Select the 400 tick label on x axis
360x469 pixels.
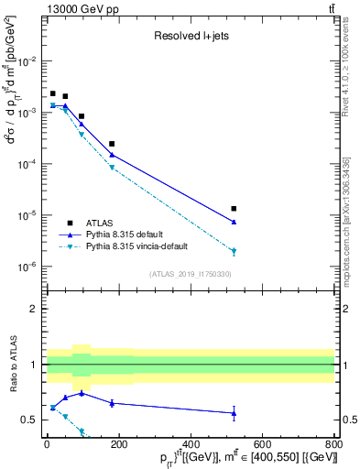click(190, 446)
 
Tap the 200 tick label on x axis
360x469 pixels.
click(118, 446)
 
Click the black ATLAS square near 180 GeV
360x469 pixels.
click(112, 144)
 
